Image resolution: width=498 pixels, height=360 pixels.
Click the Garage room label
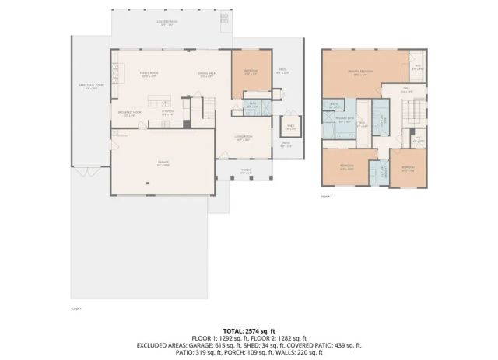click(163, 163)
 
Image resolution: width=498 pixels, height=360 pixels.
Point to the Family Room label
click(149, 74)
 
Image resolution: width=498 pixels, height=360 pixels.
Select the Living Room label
click(244, 138)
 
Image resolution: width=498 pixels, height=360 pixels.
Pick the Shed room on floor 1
click(289, 128)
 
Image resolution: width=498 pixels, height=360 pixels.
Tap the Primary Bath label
click(345, 120)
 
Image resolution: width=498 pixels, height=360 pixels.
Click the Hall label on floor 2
click(406, 89)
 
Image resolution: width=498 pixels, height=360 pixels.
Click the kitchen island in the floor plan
click(160, 102)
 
